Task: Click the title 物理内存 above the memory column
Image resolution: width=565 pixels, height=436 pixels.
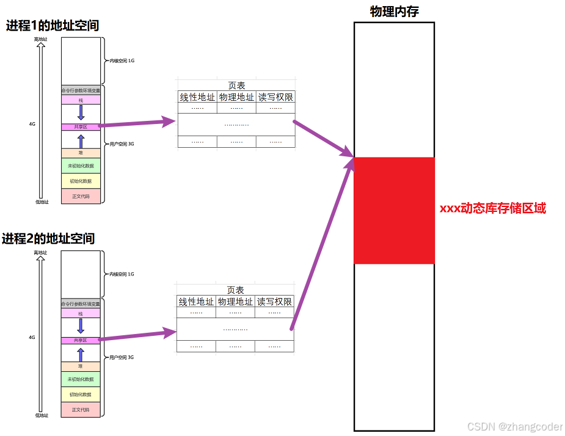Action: [394, 12]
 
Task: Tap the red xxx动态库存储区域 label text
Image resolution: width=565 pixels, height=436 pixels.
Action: [492, 208]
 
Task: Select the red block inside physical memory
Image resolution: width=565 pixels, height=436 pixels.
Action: [394, 211]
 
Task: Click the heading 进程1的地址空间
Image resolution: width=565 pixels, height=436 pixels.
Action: [53, 26]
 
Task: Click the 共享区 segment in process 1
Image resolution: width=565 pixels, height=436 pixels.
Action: [81, 126]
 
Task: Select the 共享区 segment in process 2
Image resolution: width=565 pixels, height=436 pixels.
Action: [81, 340]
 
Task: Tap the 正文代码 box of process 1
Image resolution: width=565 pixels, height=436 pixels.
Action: [81, 196]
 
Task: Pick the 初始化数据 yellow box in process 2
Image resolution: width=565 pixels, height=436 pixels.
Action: [81, 394]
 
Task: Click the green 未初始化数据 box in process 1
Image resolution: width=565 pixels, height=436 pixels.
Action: [81, 165]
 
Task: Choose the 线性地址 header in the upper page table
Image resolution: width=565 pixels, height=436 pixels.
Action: [197, 97]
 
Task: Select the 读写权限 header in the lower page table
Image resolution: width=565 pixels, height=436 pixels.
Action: [274, 302]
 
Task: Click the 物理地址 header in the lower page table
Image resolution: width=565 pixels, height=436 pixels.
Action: [235, 302]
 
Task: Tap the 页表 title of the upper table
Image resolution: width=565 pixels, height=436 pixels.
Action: [236, 85]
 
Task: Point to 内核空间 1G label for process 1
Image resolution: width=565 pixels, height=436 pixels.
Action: [122, 61]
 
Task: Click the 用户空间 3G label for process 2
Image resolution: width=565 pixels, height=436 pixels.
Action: [122, 357]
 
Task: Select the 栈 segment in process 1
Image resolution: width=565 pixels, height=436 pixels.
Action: [81, 100]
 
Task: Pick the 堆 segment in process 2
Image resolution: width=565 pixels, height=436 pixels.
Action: [81, 366]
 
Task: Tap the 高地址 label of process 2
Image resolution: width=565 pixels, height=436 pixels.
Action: [40, 252]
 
